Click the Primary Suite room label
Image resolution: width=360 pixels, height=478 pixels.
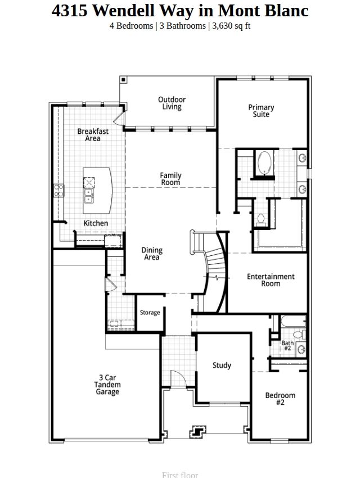coord(261,111)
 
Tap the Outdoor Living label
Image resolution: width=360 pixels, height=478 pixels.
coord(172,103)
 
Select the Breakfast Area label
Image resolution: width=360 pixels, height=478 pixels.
coord(93,135)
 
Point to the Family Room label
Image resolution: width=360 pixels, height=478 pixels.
coord(170,179)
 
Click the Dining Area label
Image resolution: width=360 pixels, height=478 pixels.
coord(152,254)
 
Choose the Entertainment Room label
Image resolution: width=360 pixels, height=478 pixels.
coord(271,280)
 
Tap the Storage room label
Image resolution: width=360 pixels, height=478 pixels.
coord(150,313)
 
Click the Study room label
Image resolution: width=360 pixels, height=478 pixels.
coord(222,365)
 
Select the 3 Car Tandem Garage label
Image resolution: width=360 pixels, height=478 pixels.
coord(107,385)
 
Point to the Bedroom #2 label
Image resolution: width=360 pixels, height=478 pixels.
coord(280,399)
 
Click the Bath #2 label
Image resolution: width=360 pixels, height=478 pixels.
coord(287,345)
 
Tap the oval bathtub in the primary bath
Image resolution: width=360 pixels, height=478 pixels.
coord(264,163)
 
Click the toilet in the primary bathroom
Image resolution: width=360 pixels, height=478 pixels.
coord(261,220)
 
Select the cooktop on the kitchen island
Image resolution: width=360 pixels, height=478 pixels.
coord(89,183)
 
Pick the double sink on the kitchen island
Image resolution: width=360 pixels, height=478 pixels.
coord(88,196)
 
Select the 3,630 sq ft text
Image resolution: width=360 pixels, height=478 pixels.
coord(231,26)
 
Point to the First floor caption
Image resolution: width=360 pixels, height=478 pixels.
coord(180,475)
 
